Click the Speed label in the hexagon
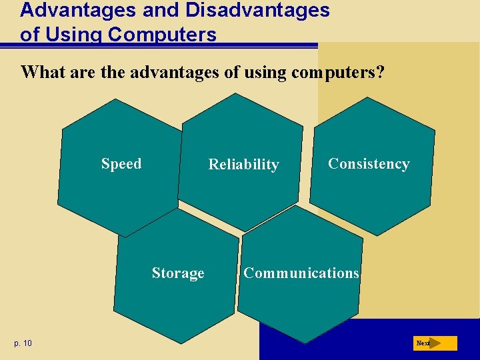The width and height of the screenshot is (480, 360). tap(121, 164)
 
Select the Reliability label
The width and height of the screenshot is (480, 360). tap(243, 165)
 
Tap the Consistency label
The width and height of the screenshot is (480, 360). tap(369, 164)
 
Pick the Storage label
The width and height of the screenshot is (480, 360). tap(178, 273)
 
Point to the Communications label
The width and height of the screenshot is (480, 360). tap(301, 273)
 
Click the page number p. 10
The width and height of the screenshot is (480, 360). tap(22, 343)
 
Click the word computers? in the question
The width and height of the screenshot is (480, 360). tap(337, 72)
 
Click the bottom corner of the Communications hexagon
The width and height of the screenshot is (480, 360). tap(304, 343)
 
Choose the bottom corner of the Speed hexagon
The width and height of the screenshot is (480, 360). tap(125, 237)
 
